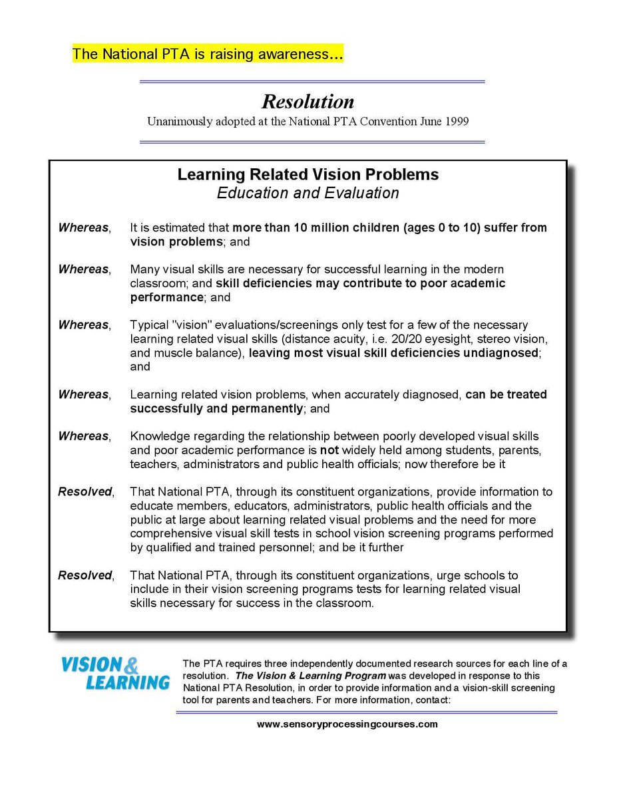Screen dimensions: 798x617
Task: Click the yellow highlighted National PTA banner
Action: point(207,55)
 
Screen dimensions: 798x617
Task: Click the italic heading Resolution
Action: point(308,102)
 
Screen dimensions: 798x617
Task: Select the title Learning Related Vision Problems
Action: point(308,175)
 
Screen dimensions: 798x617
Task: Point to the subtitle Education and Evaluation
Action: point(308,194)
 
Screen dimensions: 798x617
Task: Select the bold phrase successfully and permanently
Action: point(216,408)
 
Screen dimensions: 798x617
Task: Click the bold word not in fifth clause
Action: point(329,450)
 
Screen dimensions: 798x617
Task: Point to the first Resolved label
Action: point(85,492)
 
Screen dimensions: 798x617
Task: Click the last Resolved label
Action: point(85,575)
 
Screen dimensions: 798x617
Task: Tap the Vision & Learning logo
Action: point(114,673)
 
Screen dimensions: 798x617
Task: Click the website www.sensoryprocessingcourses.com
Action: point(347,724)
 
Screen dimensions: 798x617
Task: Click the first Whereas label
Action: point(83,228)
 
